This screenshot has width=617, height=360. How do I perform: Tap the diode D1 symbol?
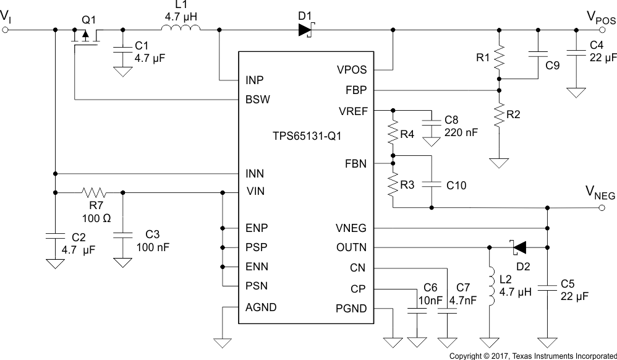pyautogui.click(x=304, y=29)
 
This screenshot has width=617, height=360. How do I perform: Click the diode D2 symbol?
pyautogui.click(x=518, y=247)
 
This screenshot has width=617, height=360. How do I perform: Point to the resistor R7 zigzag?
pyautogui.click(x=94, y=192)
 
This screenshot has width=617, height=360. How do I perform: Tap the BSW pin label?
pyautogui.click(x=258, y=99)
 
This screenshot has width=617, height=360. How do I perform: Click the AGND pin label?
pyautogui.click(x=261, y=307)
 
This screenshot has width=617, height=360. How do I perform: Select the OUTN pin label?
pyautogui.click(x=351, y=247)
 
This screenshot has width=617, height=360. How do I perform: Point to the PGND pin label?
pyautogui.click(x=351, y=307)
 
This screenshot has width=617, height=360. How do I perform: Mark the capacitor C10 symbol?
pyautogui.click(x=433, y=184)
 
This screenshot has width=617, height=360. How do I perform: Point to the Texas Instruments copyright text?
pyautogui.click(x=532, y=356)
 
